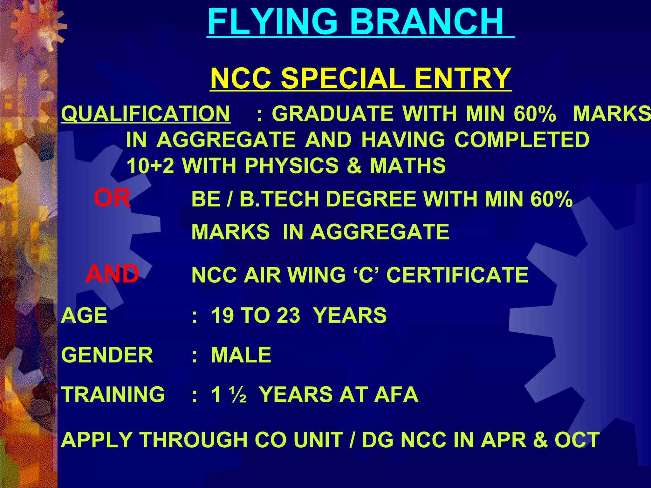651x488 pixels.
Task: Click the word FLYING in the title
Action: coord(272,22)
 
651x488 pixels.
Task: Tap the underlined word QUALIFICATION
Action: coord(146,114)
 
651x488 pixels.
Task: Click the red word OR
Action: coord(112,198)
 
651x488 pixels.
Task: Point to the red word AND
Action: coord(112,274)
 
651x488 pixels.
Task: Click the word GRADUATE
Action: coord(332,114)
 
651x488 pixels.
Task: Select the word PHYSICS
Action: coord(291,166)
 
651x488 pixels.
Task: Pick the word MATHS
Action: coord(408,166)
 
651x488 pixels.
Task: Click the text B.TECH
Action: coord(279,199)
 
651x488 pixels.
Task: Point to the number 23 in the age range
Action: coord(288,315)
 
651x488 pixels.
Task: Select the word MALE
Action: coord(241,355)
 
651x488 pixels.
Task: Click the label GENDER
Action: coord(107,355)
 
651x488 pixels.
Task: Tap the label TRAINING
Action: coord(113,394)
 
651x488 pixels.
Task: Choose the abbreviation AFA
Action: coord(396,394)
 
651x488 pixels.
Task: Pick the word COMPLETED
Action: coord(522,140)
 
